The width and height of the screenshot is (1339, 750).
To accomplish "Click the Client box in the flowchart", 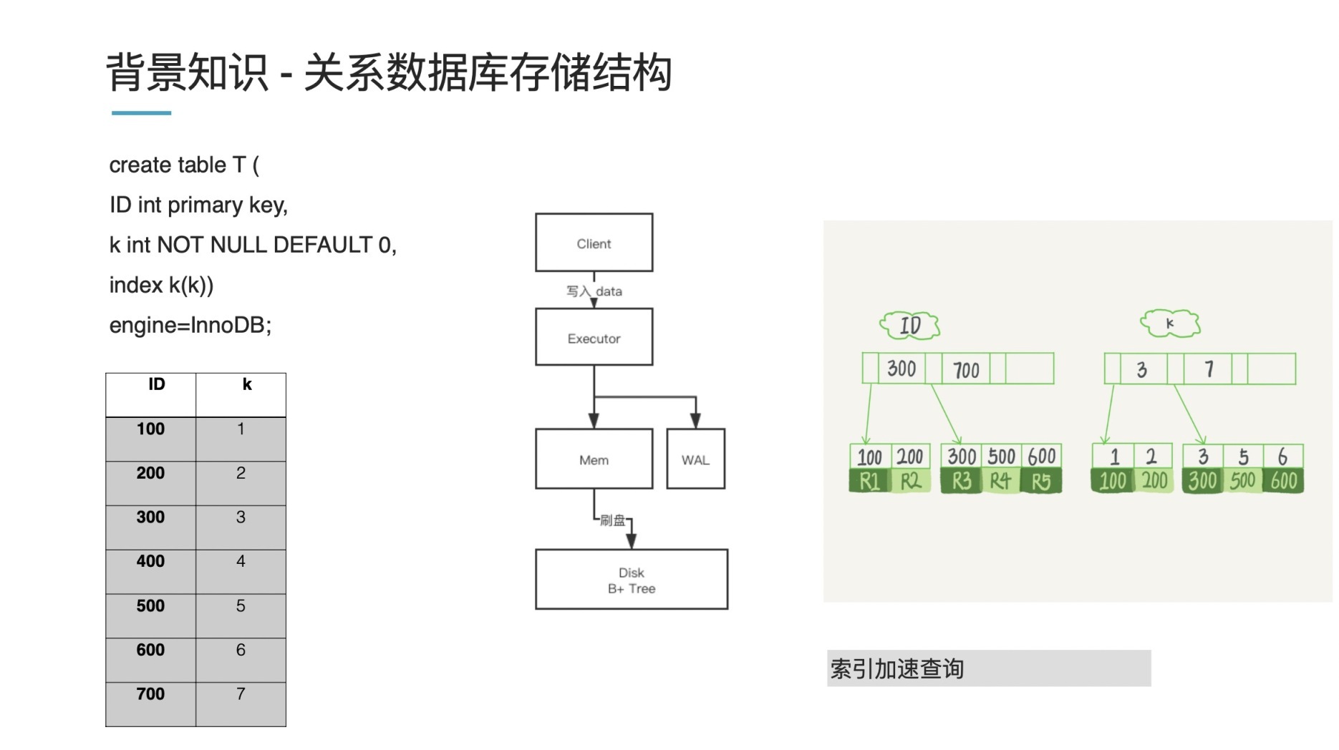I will tap(594, 243).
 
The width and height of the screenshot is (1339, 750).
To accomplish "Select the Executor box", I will tap(594, 337).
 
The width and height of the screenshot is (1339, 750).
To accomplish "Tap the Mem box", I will tap(594, 459).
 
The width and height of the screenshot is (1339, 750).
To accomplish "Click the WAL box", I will tap(695, 459).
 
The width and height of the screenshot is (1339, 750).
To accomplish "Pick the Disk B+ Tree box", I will tap(631, 580).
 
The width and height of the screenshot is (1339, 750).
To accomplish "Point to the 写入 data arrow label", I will tap(594, 291).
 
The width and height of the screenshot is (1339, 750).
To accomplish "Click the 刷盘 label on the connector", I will tap(612, 520).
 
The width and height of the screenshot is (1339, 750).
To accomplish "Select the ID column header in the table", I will tap(156, 385).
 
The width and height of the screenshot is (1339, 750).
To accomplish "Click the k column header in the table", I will tap(247, 385).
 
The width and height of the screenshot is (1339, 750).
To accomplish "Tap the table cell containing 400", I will tap(150, 562).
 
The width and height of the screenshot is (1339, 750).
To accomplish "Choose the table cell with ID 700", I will tap(150, 694).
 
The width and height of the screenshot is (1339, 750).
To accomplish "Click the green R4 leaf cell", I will tap(1000, 482).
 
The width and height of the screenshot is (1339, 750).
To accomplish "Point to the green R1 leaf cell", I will tap(869, 482).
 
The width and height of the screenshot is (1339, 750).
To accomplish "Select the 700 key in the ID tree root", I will tap(966, 369).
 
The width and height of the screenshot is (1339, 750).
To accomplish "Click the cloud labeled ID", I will tap(909, 326).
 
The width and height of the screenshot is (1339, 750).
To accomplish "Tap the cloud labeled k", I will tap(1170, 323).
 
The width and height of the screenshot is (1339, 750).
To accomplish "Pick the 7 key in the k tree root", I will tap(1209, 369).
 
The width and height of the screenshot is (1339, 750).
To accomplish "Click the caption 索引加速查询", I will tap(896, 668).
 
